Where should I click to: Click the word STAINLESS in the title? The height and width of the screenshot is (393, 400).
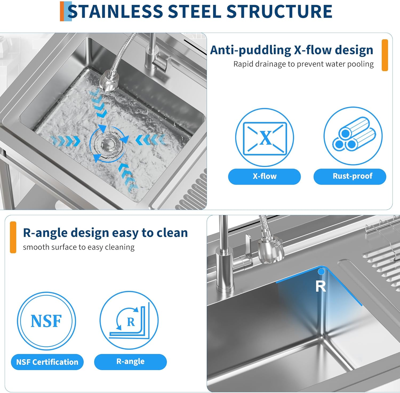(x=115, y=11)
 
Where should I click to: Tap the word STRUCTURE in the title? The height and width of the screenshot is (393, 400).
(x=279, y=11)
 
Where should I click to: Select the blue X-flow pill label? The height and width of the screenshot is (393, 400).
(x=264, y=177)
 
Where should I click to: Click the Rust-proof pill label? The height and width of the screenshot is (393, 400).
(x=350, y=177)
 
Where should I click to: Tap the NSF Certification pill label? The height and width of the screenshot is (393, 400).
(x=47, y=362)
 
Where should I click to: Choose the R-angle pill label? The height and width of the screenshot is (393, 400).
(x=130, y=362)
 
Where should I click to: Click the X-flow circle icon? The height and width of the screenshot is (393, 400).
(x=265, y=137)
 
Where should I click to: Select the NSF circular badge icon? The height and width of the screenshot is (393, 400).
(x=46, y=321)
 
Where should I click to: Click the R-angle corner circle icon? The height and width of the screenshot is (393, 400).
(x=129, y=320)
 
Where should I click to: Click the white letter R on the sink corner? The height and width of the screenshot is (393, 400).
(x=321, y=286)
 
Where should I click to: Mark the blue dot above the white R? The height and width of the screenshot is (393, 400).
(x=321, y=272)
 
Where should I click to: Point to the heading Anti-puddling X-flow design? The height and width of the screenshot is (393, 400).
(x=291, y=50)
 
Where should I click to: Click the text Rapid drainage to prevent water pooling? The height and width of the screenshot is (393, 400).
(x=303, y=64)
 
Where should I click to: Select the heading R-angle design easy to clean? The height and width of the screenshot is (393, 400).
(x=105, y=233)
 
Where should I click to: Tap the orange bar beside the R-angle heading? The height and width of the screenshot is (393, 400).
(x=13, y=237)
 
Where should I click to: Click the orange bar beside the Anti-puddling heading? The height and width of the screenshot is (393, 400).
(x=385, y=55)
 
